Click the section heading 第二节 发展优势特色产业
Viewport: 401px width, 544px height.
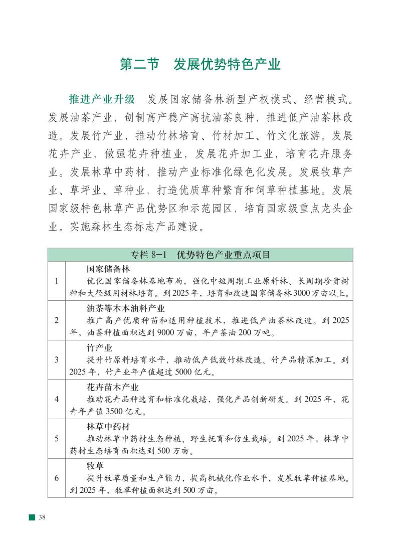[200, 65]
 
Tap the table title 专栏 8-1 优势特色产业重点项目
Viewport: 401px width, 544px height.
[200, 255]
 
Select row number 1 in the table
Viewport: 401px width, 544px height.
[57, 281]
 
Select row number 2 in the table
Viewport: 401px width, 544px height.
[57, 320]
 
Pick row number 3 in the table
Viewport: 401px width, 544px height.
[57, 359]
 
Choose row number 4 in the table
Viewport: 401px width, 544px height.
[57, 399]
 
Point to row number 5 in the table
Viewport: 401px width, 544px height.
[57, 438]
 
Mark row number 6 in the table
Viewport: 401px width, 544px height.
[57, 477]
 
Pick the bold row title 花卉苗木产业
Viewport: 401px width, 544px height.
[112, 387]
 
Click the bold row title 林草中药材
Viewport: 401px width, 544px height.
[108, 426]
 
